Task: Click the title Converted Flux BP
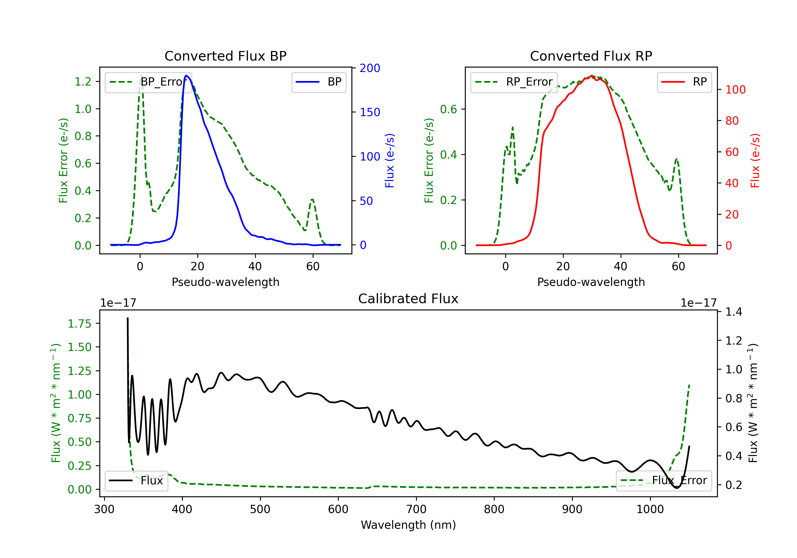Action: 225,56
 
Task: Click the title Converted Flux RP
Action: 591,56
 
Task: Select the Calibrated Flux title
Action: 408,299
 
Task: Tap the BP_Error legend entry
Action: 148,82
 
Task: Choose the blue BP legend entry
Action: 319,82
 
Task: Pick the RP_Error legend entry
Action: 514,82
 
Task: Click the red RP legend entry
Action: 684,82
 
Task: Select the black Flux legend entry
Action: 136,481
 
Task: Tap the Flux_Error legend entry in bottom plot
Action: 664,481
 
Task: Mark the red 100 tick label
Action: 735,90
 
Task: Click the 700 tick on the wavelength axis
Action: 416,509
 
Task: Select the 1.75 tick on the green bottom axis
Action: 79,324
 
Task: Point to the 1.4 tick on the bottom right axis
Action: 734,312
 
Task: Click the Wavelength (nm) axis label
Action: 408,525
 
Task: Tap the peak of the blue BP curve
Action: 186,75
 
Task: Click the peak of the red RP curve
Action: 591,76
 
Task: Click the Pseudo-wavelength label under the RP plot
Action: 591,282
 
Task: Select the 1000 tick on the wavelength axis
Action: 650,509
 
